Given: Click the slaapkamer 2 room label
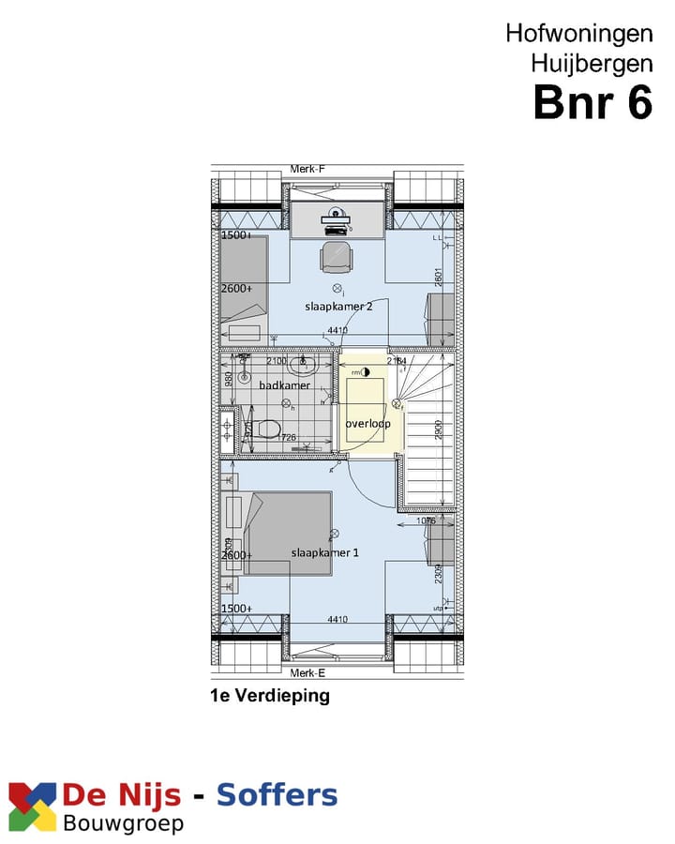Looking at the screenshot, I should [333, 307].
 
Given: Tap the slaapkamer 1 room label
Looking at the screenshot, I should [325, 552].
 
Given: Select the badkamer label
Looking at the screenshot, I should [284, 384].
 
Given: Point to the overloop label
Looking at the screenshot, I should [367, 423].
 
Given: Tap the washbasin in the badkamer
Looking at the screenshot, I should [303, 364].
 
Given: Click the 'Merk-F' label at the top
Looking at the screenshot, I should [307, 169].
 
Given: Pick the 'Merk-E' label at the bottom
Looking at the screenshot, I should [307, 673].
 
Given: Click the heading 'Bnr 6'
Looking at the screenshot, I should [592, 102].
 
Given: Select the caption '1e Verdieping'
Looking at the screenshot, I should [270, 696].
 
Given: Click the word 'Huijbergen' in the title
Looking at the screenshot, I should [591, 64].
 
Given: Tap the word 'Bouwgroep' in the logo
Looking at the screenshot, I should [123, 823].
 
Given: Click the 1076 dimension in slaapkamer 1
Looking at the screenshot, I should [425, 520].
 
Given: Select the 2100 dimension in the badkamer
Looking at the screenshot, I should [277, 361].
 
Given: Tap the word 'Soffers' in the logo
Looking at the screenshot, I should [277, 796].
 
